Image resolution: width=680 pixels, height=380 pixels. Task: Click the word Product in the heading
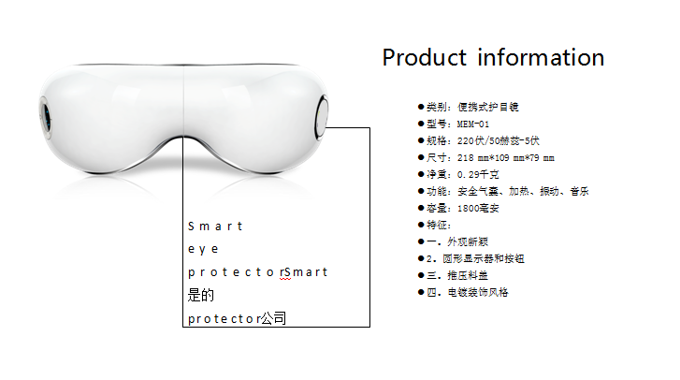(x=424, y=58)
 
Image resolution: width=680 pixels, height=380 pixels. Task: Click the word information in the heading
(x=541, y=57)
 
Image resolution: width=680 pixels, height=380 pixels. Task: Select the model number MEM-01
(x=473, y=124)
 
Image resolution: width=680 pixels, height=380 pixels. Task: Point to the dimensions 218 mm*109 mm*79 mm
(x=506, y=158)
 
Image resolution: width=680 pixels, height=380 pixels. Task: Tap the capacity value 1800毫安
(x=478, y=209)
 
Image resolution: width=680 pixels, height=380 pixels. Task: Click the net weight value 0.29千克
(x=478, y=175)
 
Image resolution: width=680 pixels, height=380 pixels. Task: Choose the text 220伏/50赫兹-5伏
(x=499, y=141)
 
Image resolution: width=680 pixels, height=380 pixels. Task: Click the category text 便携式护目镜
(x=488, y=107)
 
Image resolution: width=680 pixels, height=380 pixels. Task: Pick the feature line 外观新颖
(x=468, y=242)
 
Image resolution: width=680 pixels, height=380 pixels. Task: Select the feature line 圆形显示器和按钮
(x=484, y=259)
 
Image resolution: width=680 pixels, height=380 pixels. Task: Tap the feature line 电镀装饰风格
(x=477, y=293)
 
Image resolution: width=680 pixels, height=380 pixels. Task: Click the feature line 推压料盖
(x=468, y=276)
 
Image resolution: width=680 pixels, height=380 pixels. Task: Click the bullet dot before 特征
(x=421, y=225)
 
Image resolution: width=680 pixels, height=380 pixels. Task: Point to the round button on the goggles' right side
(x=321, y=117)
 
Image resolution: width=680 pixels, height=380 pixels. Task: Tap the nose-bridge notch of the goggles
(x=183, y=139)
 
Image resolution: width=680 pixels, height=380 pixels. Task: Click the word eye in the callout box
(x=203, y=250)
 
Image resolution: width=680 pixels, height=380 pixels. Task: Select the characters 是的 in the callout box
(x=201, y=296)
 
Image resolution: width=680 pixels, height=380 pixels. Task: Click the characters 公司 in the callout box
(x=273, y=318)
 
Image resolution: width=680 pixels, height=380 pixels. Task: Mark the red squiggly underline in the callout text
(x=285, y=279)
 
